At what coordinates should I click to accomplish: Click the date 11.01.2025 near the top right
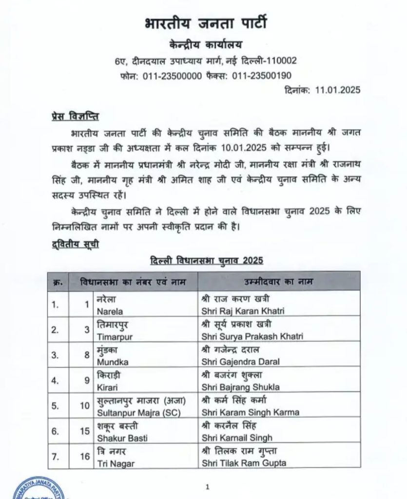click(x=338, y=90)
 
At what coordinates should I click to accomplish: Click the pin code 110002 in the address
click(x=277, y=61)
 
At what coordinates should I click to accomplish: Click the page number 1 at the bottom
click(x=207, y=486)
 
